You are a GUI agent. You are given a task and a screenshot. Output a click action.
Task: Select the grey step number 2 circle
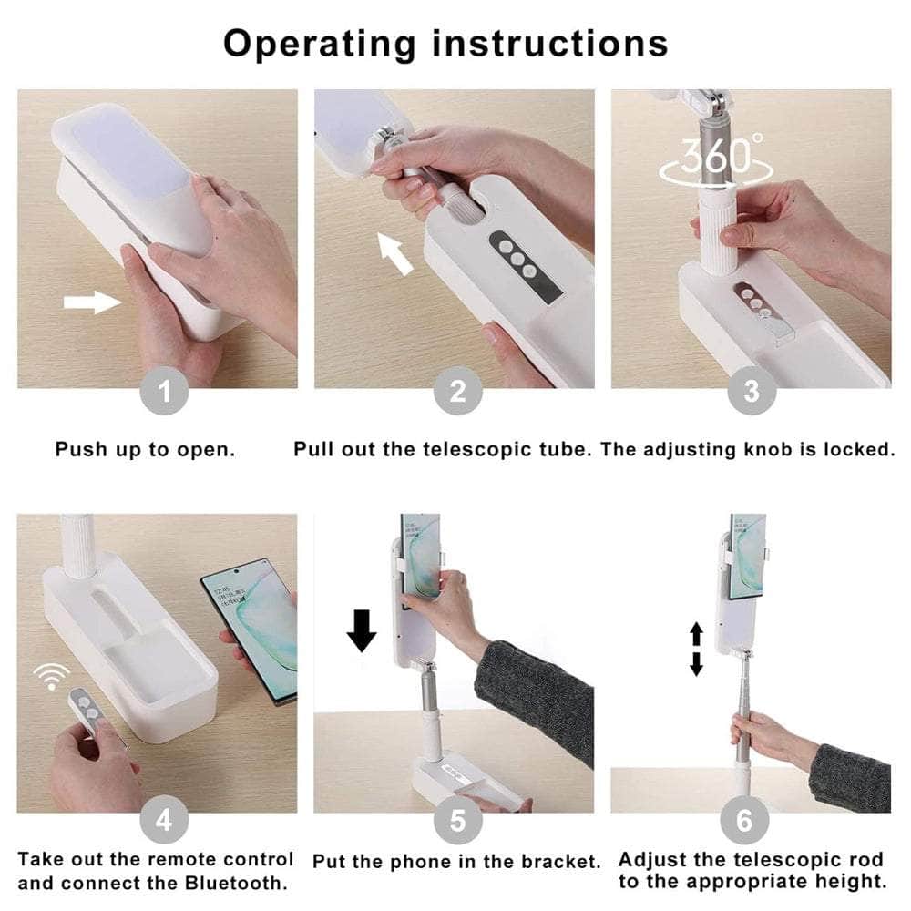coord(458,392)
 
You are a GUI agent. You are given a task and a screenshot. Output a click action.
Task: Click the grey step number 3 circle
coord(751,392)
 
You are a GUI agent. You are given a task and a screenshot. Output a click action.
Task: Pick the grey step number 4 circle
coord(163,821)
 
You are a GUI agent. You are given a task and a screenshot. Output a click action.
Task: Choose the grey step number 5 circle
coord(458,821)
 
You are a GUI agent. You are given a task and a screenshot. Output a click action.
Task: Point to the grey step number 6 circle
coord(744,821)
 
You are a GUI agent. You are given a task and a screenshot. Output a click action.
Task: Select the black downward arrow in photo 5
coord(362,630)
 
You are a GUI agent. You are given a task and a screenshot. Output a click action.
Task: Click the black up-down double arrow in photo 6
coord(696,649)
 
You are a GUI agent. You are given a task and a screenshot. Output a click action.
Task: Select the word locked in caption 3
coord(855,450)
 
